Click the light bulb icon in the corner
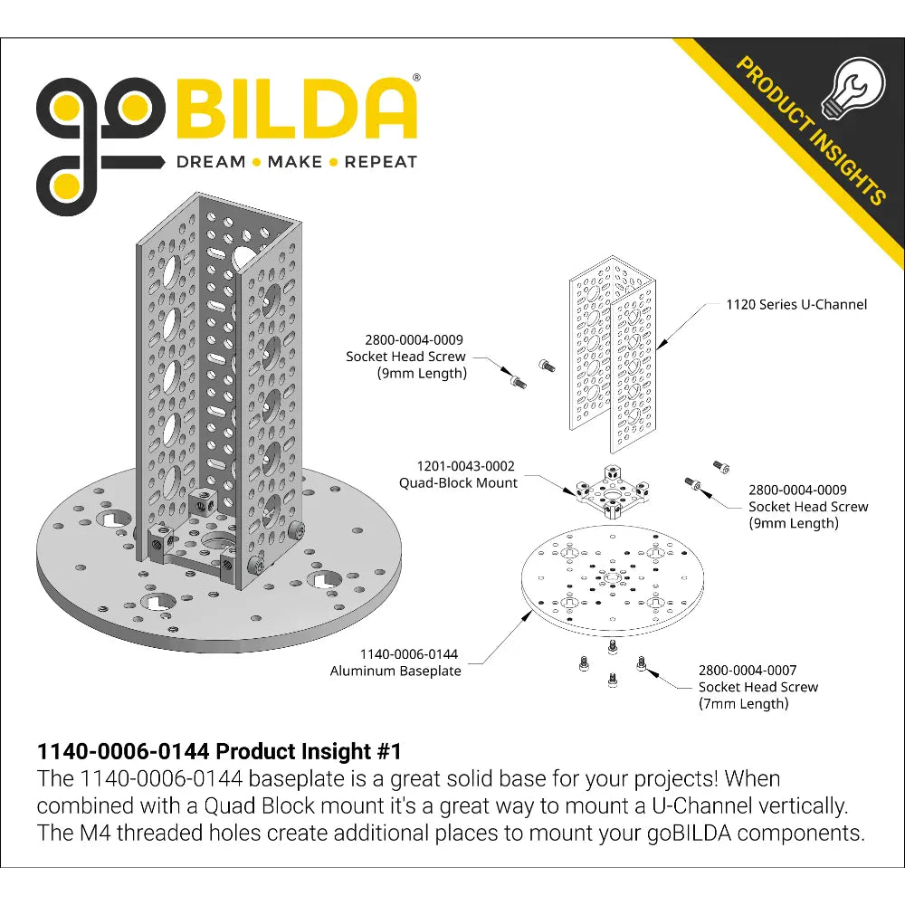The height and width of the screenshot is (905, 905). tap(853, 88)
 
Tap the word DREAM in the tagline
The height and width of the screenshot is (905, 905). tap(211, 162)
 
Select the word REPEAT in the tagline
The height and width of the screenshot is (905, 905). tap(380, 162)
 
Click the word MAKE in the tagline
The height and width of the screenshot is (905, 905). tap(295, 162)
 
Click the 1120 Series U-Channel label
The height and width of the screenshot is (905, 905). tap(796, 304)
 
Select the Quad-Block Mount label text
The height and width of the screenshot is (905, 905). tap(458, 482)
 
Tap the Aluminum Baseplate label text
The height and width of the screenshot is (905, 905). tap(395, 671)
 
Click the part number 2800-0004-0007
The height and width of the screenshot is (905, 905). tap(748, 670)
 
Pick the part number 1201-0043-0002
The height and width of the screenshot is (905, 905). tap(466, 466)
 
